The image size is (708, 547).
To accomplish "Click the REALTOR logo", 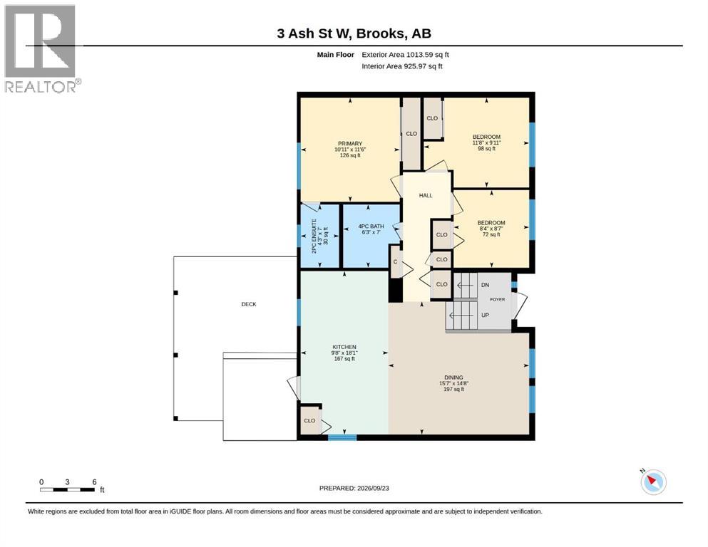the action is coord(43,48).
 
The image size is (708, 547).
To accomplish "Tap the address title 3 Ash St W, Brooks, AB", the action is coord(354,33).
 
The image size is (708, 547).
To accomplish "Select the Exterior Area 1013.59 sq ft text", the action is coord(405,55).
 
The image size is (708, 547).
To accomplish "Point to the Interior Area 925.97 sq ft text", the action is coord(402,66).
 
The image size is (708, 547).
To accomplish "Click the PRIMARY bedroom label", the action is coord(350,143).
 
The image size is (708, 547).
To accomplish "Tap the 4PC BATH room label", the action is coord(371,226).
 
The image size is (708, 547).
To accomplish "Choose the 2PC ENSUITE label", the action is coord(314,236).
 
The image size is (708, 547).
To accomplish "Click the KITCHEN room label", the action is coord(344,347).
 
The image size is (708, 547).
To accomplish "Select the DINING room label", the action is coord(453,377).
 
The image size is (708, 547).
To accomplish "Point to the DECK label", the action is coord(249,304).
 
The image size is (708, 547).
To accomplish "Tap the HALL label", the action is coord(426,196).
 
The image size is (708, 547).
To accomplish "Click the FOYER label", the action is coord(498,299).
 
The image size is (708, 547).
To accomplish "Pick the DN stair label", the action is coord(486,285).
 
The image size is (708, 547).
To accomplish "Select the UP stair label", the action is coord(486,316).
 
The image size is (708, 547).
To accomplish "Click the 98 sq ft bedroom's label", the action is coord(487,137).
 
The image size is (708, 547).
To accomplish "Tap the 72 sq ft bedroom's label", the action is coord(491,223).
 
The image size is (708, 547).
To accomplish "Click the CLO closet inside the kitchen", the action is coord(309,421).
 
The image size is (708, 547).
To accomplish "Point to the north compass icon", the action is coord(652,481).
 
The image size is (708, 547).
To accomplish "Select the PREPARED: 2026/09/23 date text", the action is coord(354,488).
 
